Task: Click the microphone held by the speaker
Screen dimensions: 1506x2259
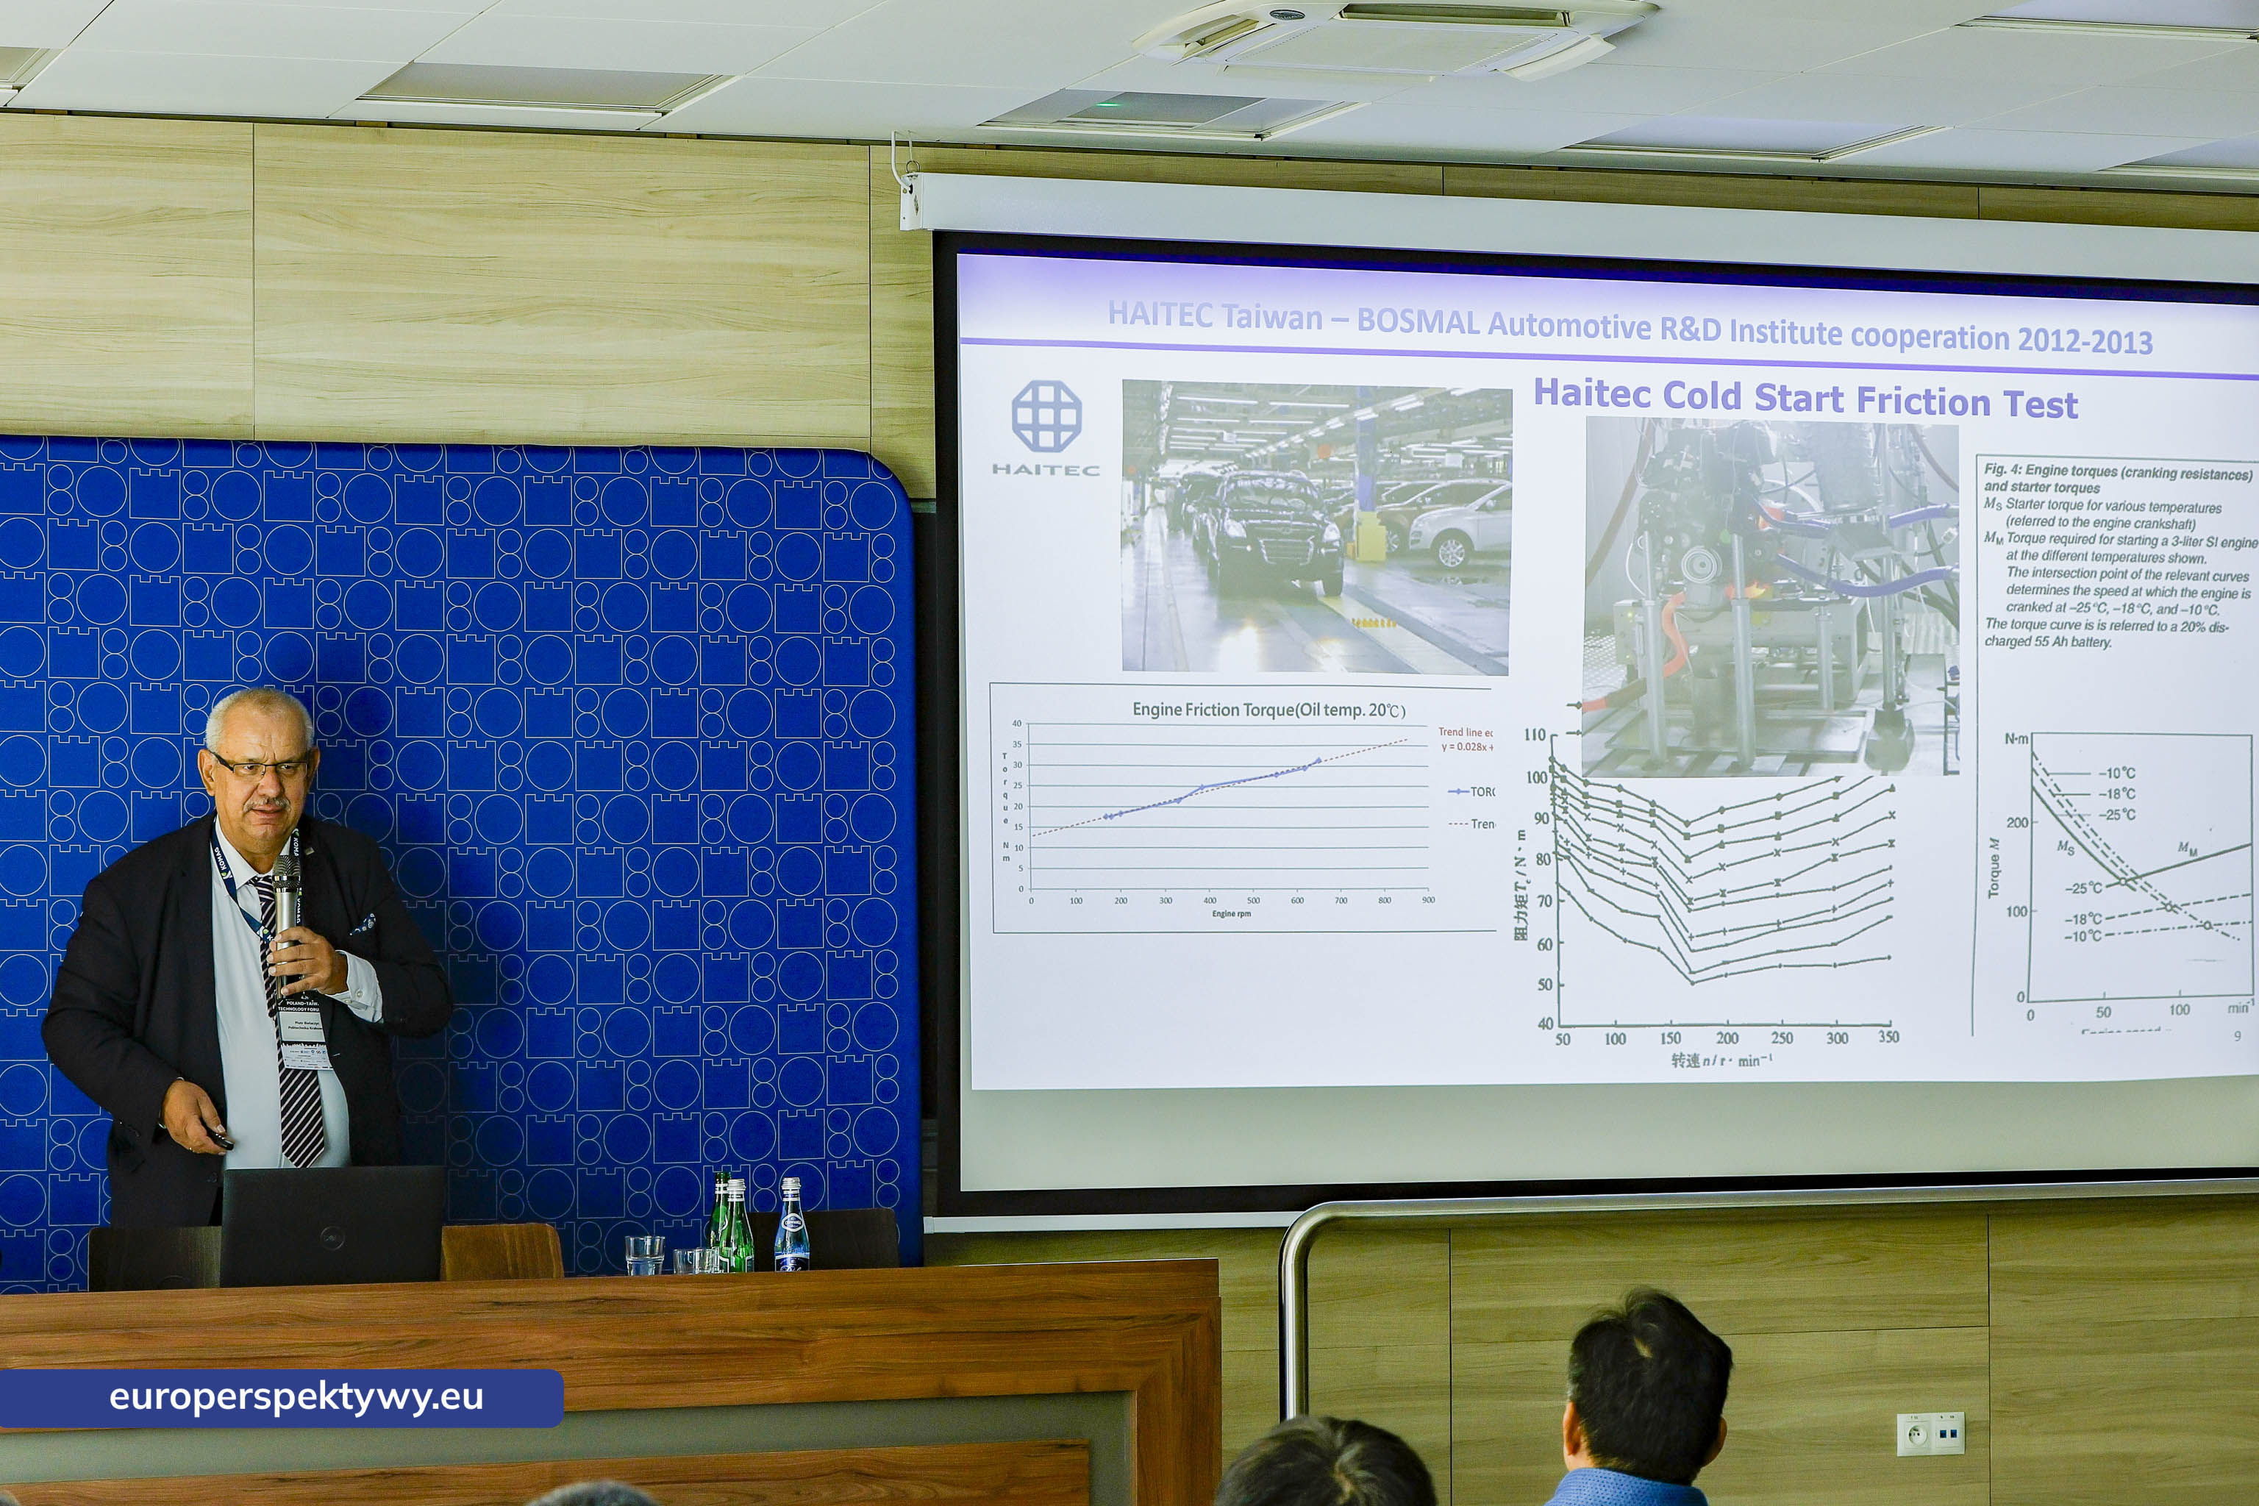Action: (x=286, y=898)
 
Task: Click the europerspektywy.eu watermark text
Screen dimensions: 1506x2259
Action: (x=296, y=1397)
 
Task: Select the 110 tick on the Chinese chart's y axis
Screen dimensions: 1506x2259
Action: (x=1534, y=735)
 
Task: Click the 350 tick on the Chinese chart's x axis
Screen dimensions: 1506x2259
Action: (x=1888, y=1038)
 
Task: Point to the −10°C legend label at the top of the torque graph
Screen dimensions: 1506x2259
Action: (x=2117, y=773)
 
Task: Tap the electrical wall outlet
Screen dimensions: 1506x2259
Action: (x=1930, y=1434)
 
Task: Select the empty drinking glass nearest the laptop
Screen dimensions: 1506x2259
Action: (x=643, y=1255)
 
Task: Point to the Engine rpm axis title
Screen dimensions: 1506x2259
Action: (x=1230, y=913)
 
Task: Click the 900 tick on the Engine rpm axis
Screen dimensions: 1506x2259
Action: (x=1428, y=900)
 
